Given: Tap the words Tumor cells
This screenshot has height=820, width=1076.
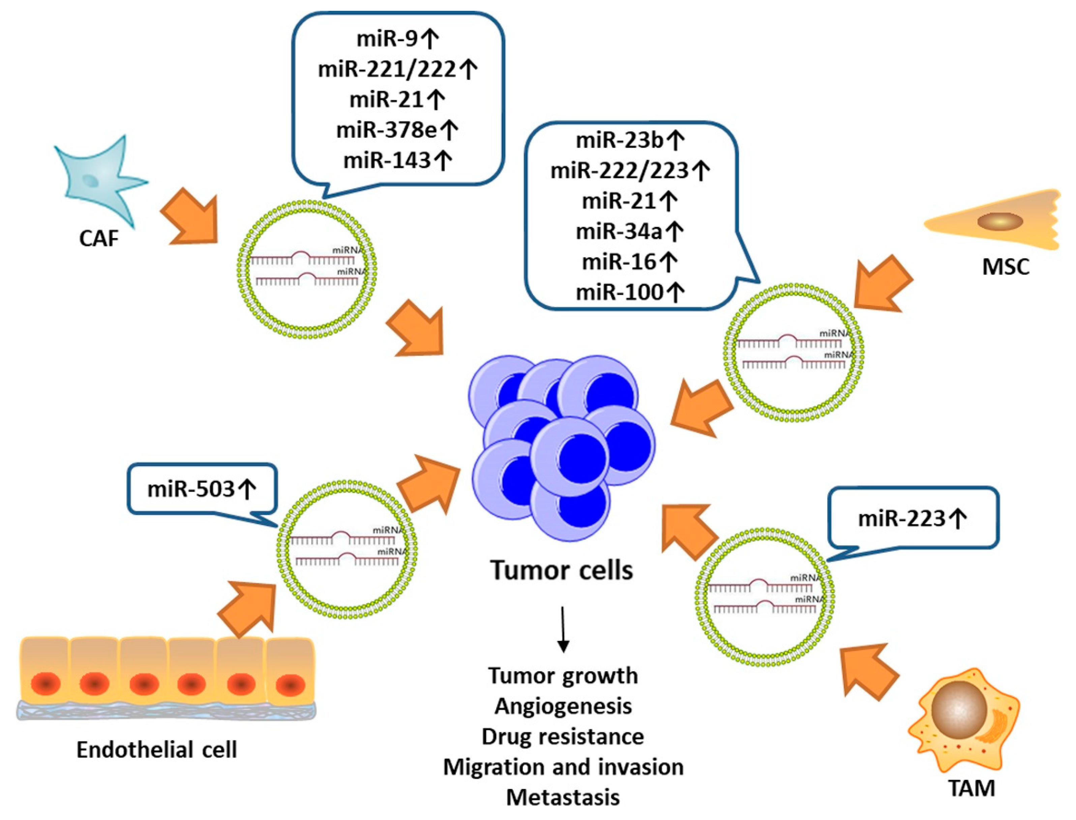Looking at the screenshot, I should coord(562,570).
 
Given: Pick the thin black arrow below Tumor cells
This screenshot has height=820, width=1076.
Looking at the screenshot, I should coord(563,629).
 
